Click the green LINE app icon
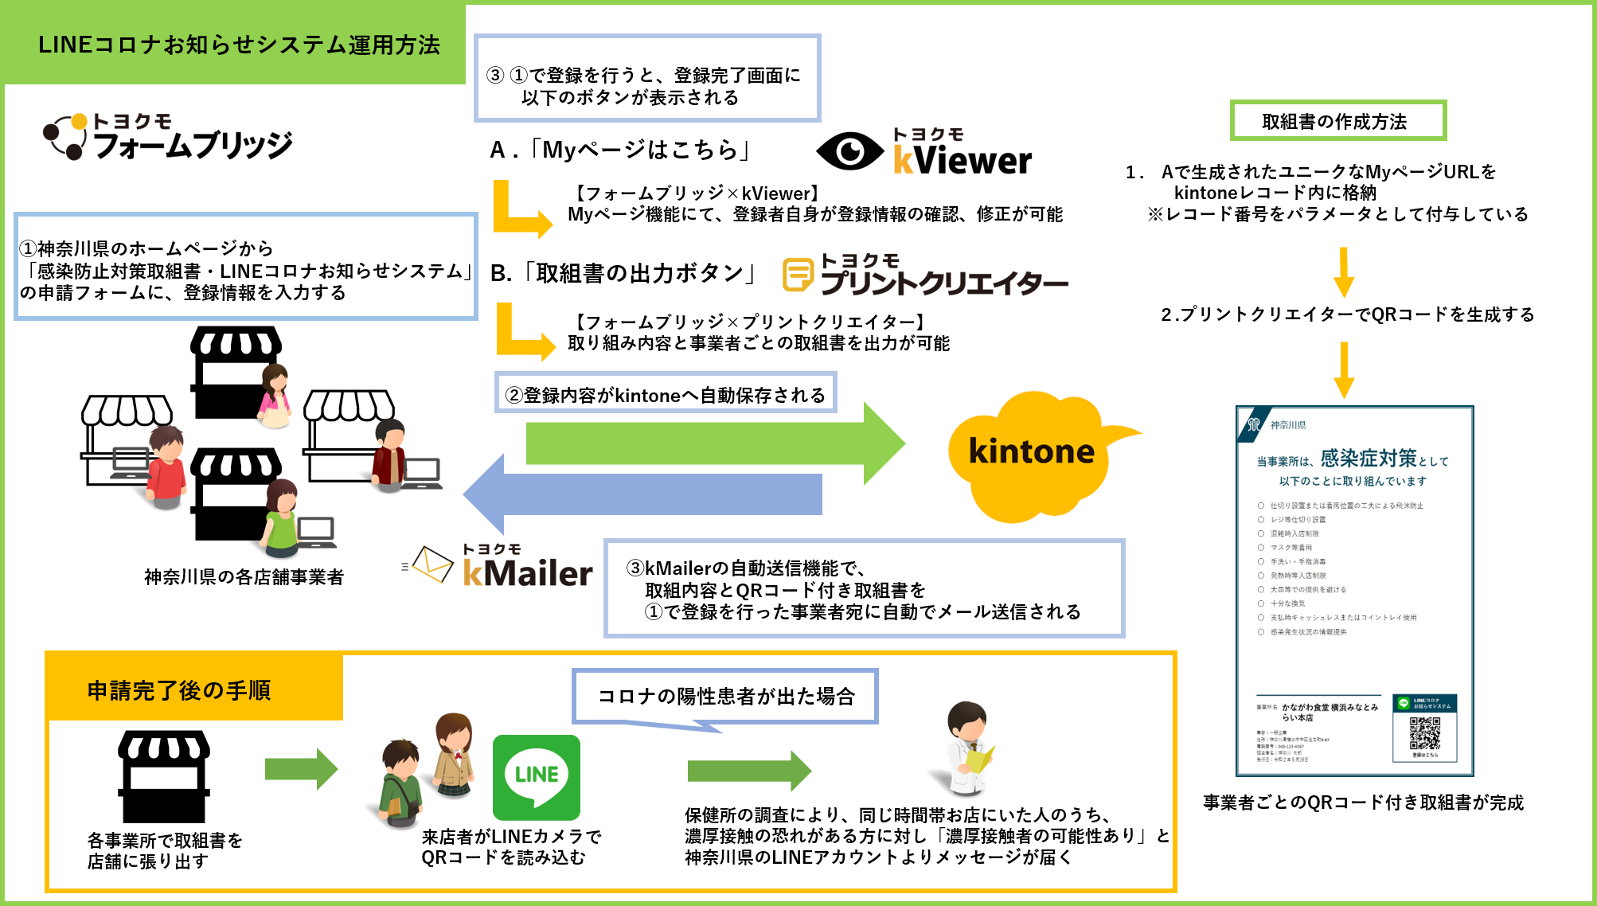coord(536,776)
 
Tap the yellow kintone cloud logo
coord(1031,454)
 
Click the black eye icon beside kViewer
coord(849,151)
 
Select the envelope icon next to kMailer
coord(432,564)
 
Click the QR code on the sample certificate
coord(1424,733)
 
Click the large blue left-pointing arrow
coord(645,494)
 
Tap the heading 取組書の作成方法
coord(1337,121)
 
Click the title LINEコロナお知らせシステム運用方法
coord(238,45)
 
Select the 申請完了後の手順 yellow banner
coord(180,689)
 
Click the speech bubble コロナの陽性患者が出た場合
coord(725,697)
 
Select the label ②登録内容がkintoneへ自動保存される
coord(666,395)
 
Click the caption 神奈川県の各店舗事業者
coord(244,576)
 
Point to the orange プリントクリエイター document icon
coord(798,275)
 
